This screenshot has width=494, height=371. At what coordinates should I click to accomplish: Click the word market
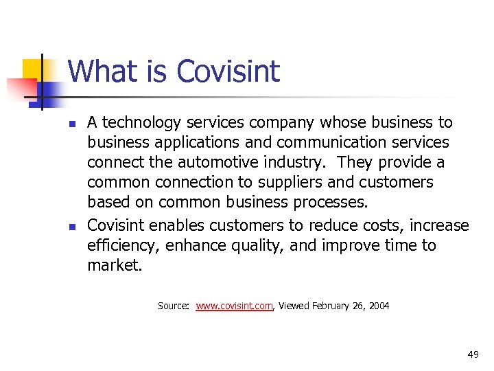tap(115, 266)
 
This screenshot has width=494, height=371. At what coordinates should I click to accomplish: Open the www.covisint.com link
tap(235, 306)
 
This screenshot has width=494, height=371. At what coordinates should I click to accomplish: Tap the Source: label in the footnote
tap(174, 306)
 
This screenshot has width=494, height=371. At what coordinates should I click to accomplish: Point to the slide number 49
tap(473, 355)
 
